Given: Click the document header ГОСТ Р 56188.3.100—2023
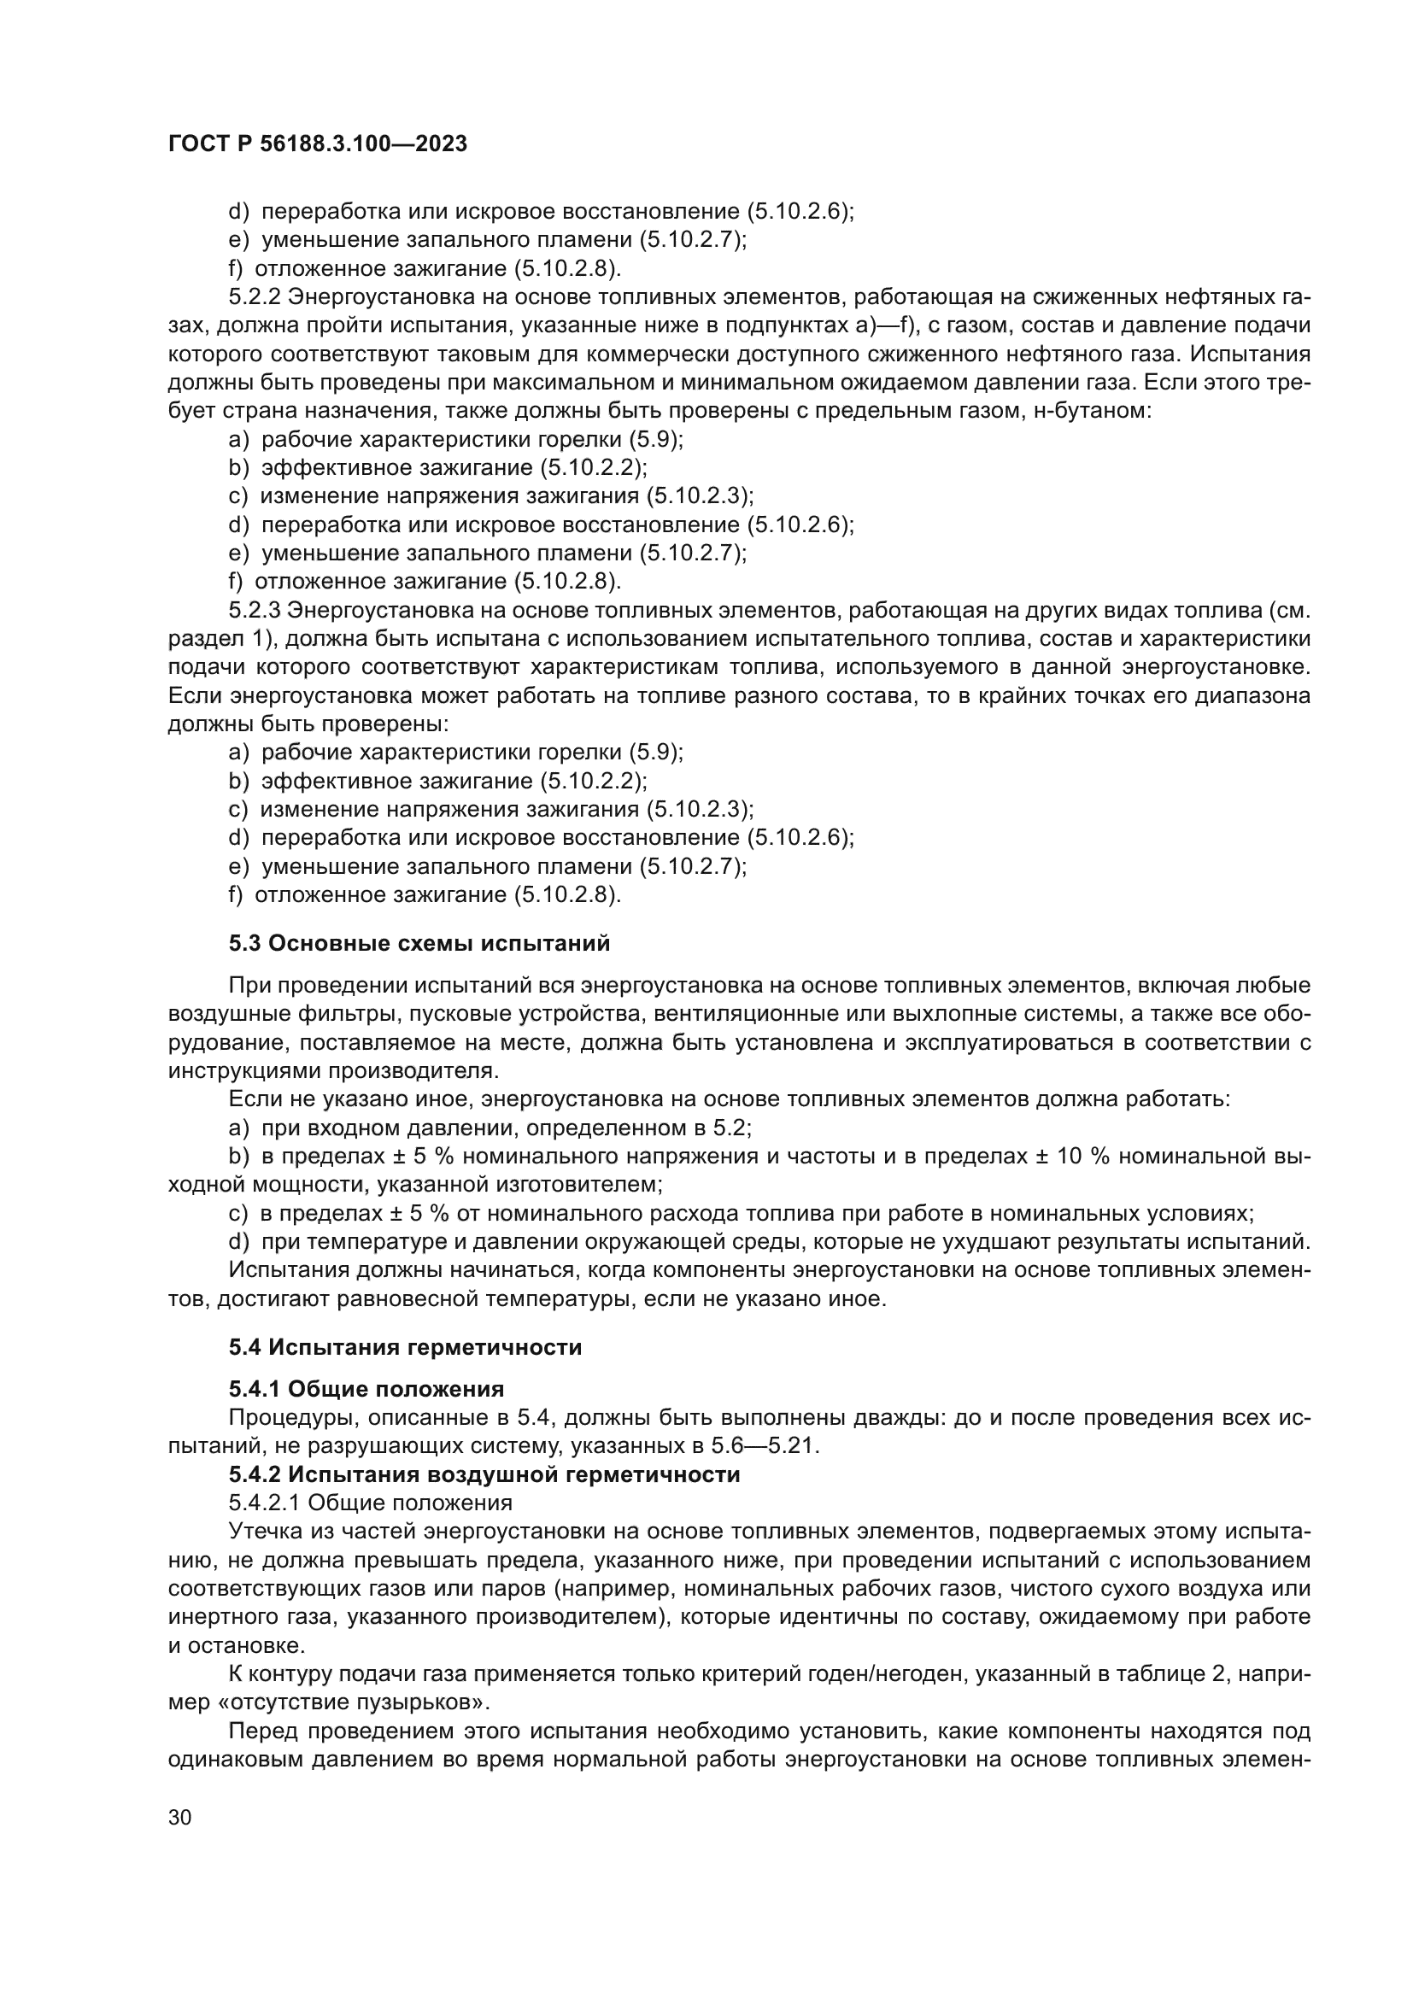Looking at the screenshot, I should pyautogui.click(x=318, y=144).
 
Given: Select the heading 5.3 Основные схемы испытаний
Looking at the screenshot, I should pyautogui.click(x=419, y=943).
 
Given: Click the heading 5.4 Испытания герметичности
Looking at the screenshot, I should pyautogui.click(x=406, y=1348).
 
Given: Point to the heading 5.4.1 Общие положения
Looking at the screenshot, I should pyautogui.click(x=366, y=1389).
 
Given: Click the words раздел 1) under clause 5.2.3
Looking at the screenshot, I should pyautogui.click(x=220, y=640).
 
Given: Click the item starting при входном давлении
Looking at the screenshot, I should pyautogui.click(x=505, y=1128).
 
